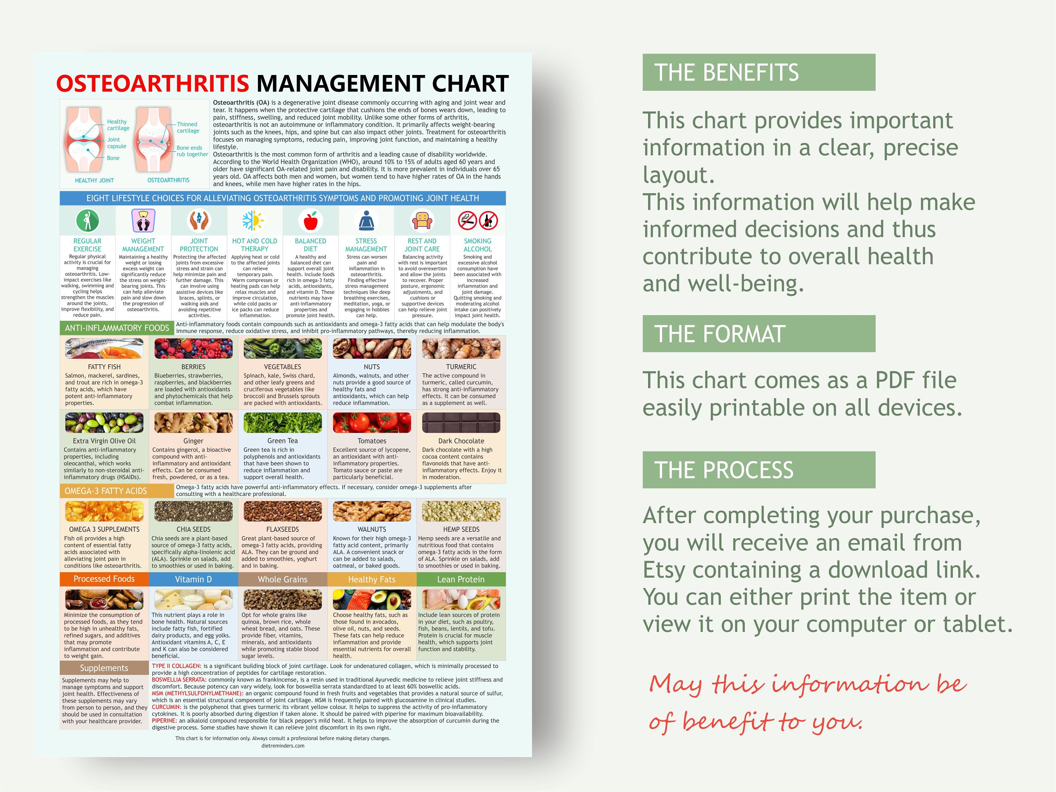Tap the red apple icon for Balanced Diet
pyautogui.click(x=310, y=221)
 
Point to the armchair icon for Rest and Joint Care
pyautogui.click(x=422, y=221)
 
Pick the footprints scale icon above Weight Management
pyautogui.click(x=143, y=221)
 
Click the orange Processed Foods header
pyautogui.click(x=104, y=579)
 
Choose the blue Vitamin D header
pyautogui.click(x=193, y=579)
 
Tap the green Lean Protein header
pyautogui.click(x=461, y=579)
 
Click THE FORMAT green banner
pyautogui.click(x=759, y=334)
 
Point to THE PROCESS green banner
pyautogui.click(x=759, y=470)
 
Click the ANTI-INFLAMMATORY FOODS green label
pyautogui.click(x=117, y=328)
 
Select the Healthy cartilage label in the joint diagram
pyautogui.click(x=118, y=125)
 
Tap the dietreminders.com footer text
pyautogui.click(x=283, y=746)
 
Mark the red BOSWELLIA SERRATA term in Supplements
pyautogui.click(x=178, y=679)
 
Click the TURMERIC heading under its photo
pyautogui.click(x=461, y=367)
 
